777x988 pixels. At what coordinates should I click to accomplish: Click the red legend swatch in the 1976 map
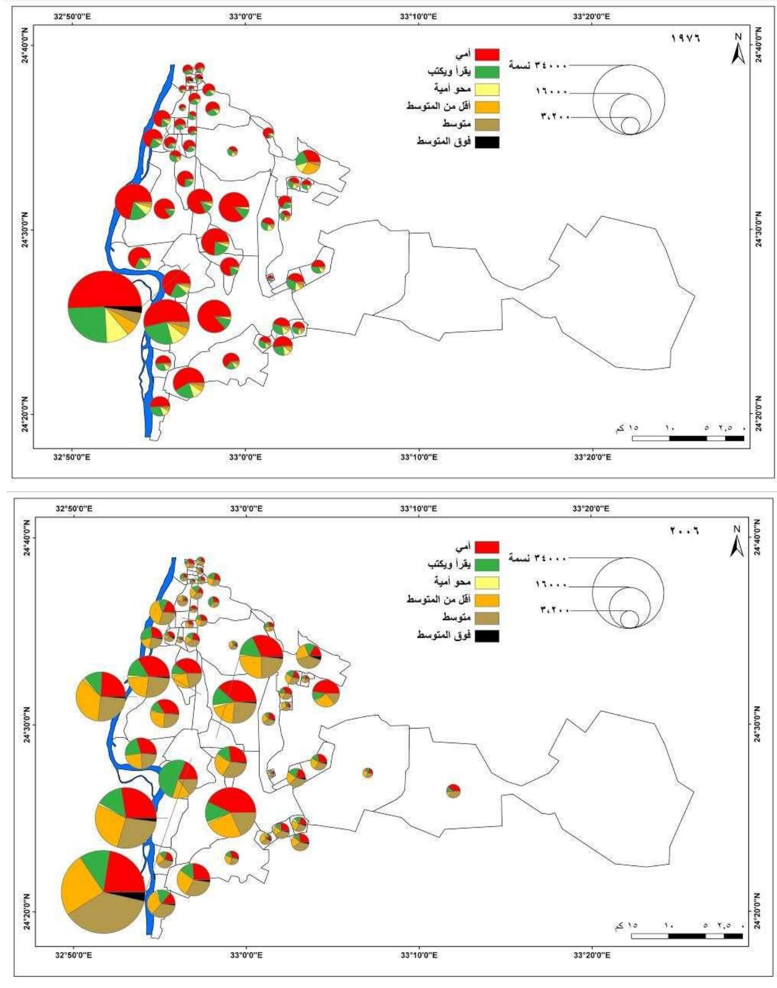pyautogui.click(x=487, y=54)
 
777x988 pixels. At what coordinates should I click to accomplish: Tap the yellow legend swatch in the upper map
pyautogui.click(x=487, y=90)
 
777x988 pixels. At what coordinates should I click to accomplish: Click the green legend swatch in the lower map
pyautogui.click(x=487, y=564)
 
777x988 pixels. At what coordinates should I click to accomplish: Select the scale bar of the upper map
pyautogui.click(x=688, y=438)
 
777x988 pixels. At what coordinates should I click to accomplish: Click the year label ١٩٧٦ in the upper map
pyautogui.click(x=684, y=38)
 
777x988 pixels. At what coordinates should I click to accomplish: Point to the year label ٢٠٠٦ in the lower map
pyautogui.click(x=684, y=531)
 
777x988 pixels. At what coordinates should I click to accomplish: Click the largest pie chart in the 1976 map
pyautogui.click(x=105, y=307)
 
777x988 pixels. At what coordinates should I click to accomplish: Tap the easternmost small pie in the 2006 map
pyautogui.click(x=453, y=791)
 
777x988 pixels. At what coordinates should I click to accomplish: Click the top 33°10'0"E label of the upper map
pyautogui.click(x=419, y=17)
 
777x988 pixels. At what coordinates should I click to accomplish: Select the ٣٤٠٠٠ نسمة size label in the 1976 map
pyautogui.click(x=538, y=65)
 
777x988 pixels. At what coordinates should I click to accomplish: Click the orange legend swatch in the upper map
pyautogui.click(x=487, y=107)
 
